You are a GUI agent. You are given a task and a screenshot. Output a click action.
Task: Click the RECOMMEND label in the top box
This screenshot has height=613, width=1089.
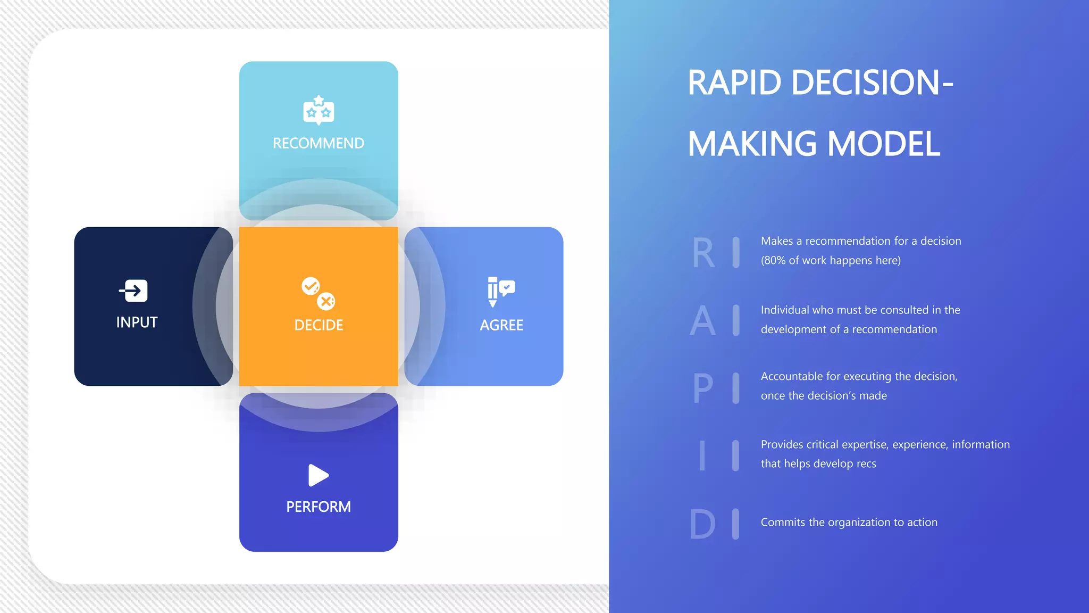point(319,143)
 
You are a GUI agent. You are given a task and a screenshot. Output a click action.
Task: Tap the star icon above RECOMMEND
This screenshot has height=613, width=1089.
point(319,110)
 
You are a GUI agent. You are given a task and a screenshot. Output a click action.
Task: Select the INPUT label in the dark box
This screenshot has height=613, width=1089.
point(137,322)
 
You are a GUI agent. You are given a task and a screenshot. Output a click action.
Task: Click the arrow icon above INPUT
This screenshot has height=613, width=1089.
point(133,291)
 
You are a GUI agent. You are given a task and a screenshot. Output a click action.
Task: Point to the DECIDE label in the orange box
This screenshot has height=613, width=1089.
point(319,325)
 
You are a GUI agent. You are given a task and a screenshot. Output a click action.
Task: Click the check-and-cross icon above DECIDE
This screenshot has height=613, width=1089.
point(319,293)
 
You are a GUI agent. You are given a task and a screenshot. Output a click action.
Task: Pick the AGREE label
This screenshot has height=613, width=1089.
point(501,325)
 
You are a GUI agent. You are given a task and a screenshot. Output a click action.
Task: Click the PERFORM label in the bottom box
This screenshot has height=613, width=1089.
point(319,507)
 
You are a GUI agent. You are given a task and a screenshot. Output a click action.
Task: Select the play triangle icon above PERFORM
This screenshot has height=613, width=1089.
point(318,475)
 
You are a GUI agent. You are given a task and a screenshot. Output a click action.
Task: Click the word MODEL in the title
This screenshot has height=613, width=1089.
point(884,144)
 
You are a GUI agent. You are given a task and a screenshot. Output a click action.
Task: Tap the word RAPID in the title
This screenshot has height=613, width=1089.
point(734,83)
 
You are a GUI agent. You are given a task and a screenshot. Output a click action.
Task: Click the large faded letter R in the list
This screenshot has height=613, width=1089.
point(703,253)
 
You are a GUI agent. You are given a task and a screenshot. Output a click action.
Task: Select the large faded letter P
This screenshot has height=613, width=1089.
point(703,388)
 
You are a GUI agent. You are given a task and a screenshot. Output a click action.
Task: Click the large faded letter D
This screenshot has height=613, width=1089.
point(702,524)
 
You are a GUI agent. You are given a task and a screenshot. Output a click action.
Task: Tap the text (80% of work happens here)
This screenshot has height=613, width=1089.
point(831,260)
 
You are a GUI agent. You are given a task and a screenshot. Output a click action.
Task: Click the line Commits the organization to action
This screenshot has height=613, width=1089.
point(849,522)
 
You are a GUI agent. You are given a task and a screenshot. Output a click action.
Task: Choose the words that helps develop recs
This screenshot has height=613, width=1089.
point(818,463)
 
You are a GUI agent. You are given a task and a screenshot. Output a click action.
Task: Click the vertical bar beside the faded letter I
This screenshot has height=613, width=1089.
point(735,455)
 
